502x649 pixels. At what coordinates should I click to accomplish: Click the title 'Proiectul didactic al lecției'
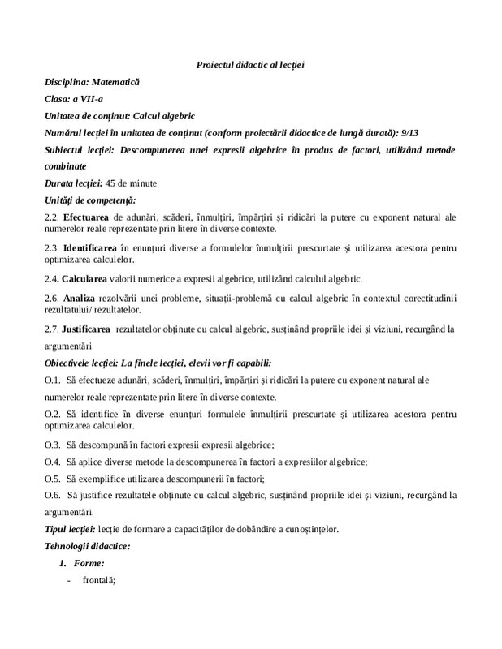click(x=250, y=64)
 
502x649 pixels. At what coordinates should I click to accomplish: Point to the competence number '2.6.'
click(x=52, y=299)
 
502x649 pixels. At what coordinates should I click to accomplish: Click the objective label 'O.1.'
click(x=53, y=380)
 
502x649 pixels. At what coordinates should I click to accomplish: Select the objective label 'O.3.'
click(x=53, y=445)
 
